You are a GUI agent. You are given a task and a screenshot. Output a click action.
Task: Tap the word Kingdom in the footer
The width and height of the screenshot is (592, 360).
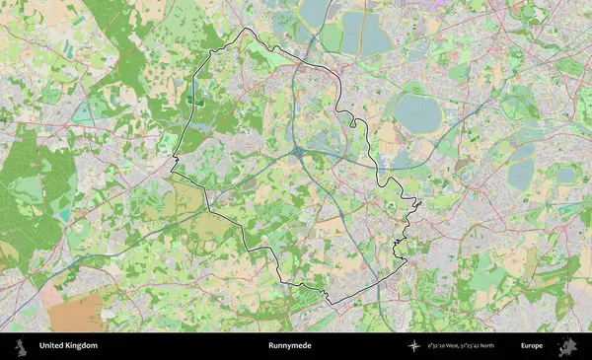pos(82,346)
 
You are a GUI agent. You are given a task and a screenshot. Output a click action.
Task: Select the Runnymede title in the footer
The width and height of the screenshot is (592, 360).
pos(289,346)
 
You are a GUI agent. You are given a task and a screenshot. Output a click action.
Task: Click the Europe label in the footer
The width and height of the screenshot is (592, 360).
pos(532,346)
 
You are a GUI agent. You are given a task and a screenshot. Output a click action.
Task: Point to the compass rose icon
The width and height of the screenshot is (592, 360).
pos(414,346)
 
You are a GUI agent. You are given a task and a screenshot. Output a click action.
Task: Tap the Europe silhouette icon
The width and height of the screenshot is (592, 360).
pos(567,346)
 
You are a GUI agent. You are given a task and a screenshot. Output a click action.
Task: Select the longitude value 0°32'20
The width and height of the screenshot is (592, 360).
pos(442,346)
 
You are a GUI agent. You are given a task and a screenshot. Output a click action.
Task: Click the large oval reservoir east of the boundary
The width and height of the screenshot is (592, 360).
pos(417,112)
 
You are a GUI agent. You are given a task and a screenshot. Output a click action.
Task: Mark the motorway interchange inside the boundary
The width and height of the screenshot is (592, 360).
pos(298,152)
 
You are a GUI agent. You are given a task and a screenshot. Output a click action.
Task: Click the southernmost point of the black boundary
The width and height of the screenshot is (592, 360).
pos(329,302)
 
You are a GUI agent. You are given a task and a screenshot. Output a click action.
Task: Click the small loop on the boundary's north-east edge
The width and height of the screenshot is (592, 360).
pos(350,119)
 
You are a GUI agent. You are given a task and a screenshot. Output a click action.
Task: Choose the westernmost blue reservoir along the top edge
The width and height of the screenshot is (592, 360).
pos(314,12)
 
